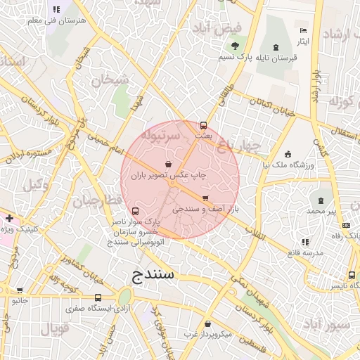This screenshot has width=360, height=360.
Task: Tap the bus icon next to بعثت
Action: (204, 125)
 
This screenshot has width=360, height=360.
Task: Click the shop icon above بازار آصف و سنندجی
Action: (205, 198)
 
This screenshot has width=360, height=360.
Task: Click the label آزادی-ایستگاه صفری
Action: (98, 308)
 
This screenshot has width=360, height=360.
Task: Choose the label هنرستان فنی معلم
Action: (56, 21)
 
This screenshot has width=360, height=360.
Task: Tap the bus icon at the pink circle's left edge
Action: (135, 211)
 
